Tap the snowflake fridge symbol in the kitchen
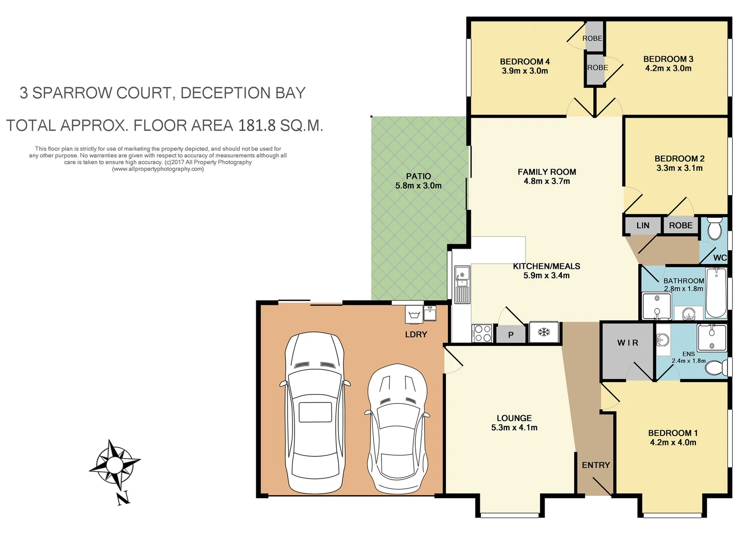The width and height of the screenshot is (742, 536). [x=544, y=332]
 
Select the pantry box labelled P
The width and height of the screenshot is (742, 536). [x=511, y=335]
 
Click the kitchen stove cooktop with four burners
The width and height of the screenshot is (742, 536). [x=482, y=333]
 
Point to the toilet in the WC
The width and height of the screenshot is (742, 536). [x=714, y=229]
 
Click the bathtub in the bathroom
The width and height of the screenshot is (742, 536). [x=716, y=293]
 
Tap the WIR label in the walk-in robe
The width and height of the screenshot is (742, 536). [x=627, y=343]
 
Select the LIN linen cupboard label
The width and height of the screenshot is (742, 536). [x=643, y=225]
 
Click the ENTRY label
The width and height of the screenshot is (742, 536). [x=595, y=465]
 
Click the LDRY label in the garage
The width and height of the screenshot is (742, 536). [x=416, y=335]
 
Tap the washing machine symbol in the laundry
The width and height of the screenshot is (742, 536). [x=414, y=314]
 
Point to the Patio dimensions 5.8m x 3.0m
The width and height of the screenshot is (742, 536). [x=418, y=186]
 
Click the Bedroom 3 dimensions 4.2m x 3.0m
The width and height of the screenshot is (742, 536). [x=668, y=68]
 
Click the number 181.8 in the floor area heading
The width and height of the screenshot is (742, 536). [x=256, y=126]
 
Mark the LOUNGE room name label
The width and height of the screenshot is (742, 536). [x=514, y=418]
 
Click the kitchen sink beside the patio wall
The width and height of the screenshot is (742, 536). [x=462, y=275]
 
